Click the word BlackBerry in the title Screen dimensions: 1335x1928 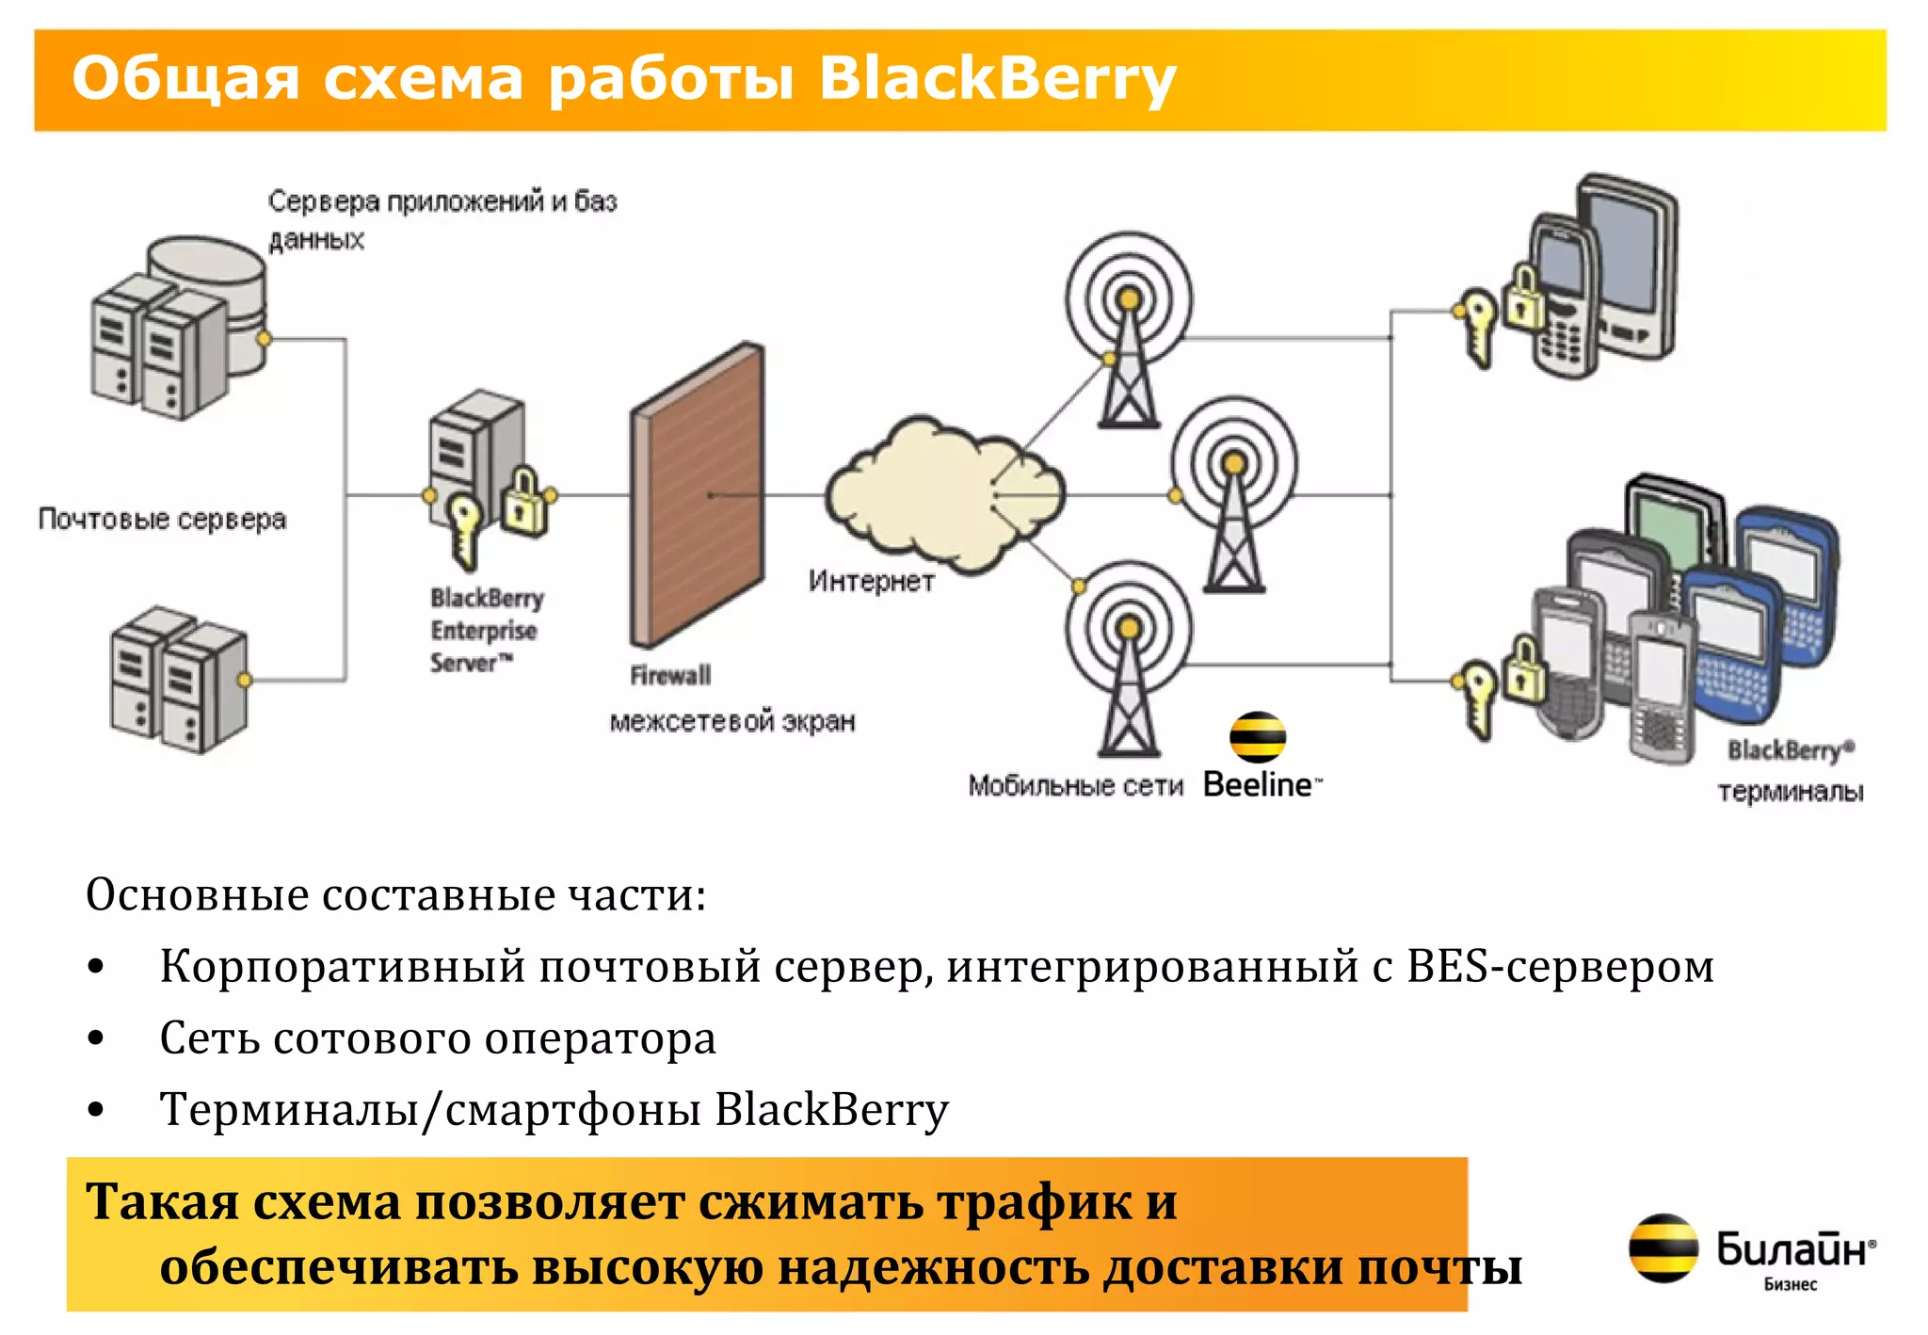coord(996,78)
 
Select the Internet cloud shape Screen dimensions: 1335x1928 coord(941,494)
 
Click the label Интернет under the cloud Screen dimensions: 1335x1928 coord(871,581)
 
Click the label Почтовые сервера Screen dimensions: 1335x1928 coord(162,519)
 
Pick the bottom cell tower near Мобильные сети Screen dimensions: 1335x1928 coord(1129,659)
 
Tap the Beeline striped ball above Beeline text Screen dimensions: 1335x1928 coord(1258,736)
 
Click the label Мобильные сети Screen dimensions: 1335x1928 coord(1074,785)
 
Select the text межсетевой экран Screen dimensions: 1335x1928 coord(732,721)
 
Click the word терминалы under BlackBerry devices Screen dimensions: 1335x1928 coord(1790,791)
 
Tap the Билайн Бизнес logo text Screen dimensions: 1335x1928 coord(1793,1257)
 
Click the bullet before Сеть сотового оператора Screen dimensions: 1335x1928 coord(95,1038)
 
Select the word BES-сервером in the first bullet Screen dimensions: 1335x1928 coord(1560,967)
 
